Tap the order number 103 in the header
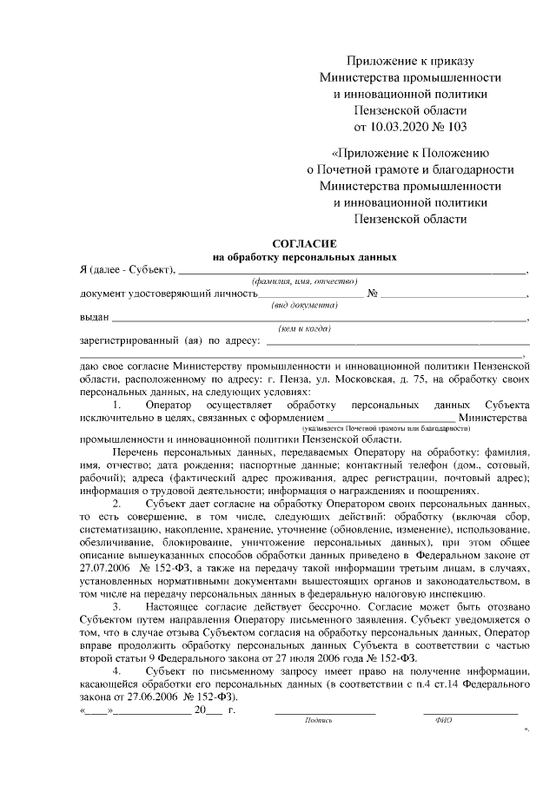click(x=455, y=128)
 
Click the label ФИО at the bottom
click(x=432, y=720)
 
